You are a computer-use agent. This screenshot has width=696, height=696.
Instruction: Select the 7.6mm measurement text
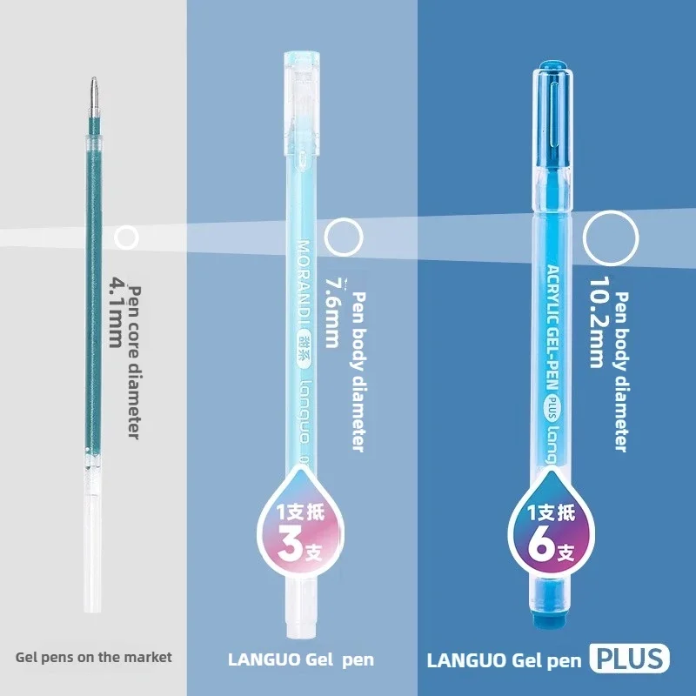(x=333, y=313)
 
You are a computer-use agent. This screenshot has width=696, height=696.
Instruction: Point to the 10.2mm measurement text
(x=598, y=323)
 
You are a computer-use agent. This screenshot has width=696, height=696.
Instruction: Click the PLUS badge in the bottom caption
(x=629, y=659)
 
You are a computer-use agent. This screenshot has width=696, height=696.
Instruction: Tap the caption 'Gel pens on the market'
(x=94, y=657)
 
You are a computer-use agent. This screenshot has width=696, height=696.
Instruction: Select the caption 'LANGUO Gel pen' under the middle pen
(x=301, y=659)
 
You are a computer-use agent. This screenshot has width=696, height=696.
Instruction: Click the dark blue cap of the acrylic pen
(x=552, y=117)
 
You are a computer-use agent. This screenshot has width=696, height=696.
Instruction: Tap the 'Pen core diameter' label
(x=135, y=363)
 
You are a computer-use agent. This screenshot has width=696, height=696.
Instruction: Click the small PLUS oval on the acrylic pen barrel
(x=553, y=406)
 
